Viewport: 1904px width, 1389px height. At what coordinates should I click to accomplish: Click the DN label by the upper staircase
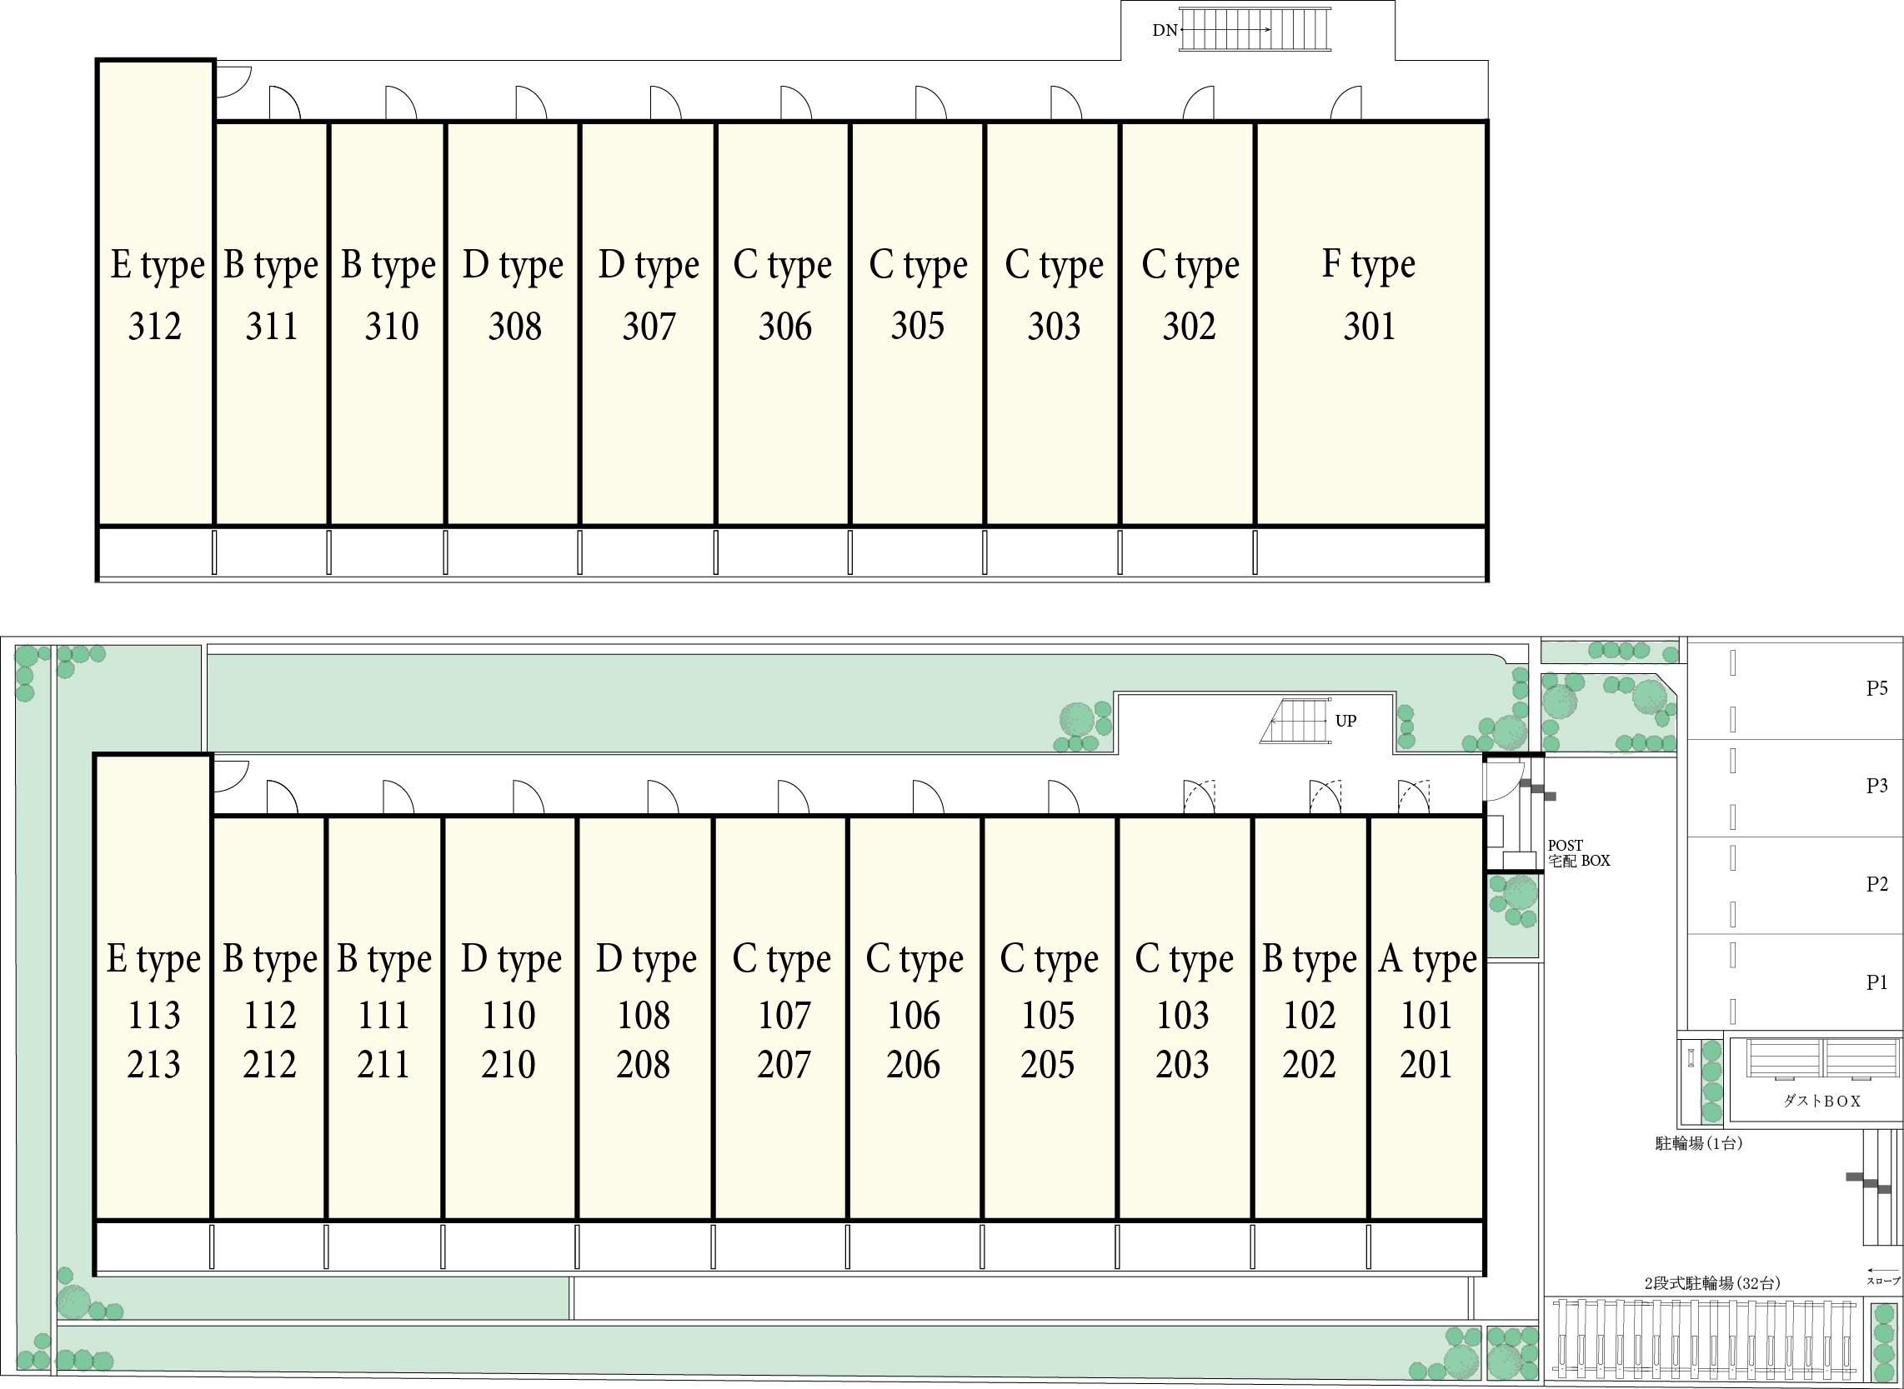pos(1165,30)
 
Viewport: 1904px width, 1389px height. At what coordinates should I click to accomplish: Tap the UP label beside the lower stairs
pos(1345,721)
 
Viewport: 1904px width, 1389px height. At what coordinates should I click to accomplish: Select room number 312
pos(155,327)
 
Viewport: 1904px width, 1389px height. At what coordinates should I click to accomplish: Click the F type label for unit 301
pos(1368,265)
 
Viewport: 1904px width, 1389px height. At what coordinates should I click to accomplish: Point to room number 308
pos(514,327)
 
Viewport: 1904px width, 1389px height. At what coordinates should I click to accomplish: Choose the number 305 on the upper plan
pos(918,326)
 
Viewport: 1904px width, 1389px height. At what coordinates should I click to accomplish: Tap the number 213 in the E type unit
pos(154,1064)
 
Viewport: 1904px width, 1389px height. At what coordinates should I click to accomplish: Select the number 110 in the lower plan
pos(509,1016)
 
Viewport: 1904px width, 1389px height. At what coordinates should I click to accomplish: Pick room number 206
pos(914,1064)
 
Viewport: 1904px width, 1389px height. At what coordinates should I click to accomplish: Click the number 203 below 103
pos(1182,1064)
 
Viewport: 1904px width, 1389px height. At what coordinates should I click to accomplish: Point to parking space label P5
pos(1877,688)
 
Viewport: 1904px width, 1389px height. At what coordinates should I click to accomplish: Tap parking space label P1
pos(1877,982)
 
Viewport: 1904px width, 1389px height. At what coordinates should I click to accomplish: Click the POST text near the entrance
pos(1565,845)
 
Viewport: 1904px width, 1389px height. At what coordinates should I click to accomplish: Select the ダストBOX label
pos(1821,1101)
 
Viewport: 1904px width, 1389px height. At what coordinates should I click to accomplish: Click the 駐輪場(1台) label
pos(1698,1143)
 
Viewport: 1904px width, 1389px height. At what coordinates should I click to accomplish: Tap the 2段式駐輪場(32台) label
pos(1712,1284)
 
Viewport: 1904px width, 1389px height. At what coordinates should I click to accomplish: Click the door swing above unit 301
pos(1345,102)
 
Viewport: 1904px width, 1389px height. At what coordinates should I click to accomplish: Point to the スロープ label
pos(1884,1282)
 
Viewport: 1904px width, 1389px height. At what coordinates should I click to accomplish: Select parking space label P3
pos(1877,785)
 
